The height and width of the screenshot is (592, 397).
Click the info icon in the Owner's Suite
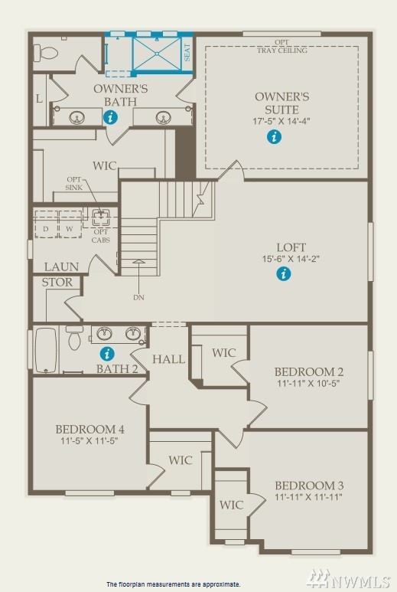274,136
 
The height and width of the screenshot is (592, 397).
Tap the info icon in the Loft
284,273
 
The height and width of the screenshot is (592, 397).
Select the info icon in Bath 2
107,354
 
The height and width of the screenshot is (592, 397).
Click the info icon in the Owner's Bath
110,117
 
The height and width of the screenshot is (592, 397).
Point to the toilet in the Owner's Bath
44,52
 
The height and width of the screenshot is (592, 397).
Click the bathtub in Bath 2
46,350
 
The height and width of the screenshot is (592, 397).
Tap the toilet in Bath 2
75,337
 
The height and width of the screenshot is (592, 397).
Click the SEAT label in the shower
187,53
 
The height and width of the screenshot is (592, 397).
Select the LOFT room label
291,247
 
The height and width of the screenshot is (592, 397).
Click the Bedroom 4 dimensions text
89,440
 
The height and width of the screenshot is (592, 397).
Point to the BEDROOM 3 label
309,485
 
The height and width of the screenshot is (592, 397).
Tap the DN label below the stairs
138,297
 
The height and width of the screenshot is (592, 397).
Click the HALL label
168,358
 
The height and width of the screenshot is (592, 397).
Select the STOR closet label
57,282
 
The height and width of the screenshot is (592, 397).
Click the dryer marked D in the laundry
46,224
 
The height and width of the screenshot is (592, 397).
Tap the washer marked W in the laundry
70,224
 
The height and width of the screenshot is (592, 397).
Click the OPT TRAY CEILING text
282,46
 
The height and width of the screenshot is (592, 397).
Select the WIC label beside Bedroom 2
224,352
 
